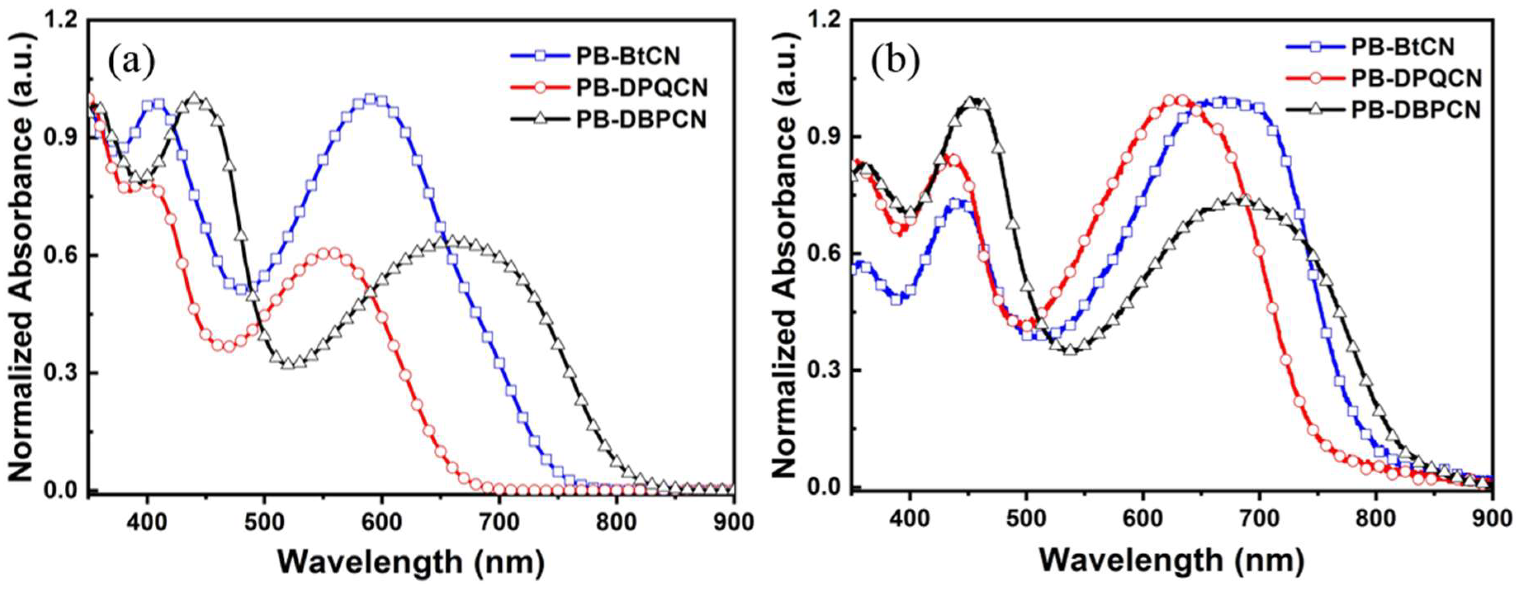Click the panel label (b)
click(x=895, y=61)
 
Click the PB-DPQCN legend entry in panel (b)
click(x=1414, y=78)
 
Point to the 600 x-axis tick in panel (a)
click(x=381, y=522)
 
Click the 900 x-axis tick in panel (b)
click(x=1491, y=520)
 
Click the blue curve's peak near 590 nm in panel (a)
click(x=370, y=98)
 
